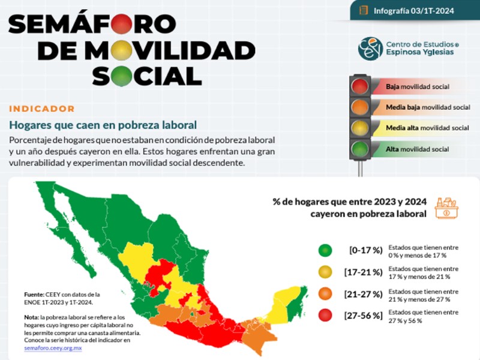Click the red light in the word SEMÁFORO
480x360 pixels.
pos(122,23)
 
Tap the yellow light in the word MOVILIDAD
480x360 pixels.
pos(122,50)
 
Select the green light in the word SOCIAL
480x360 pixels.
pos(122,76)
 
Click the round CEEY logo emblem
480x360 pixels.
pos(370,49)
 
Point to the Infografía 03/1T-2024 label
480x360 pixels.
pos(413,11)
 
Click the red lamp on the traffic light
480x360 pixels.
pos(359,86)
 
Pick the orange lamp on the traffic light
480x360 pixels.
pos(359,107)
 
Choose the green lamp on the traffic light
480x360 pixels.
pos(359,149)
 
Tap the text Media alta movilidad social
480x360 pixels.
pos(427,128)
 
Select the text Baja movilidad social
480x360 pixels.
pos(418,86)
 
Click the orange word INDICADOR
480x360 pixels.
pos(42,109)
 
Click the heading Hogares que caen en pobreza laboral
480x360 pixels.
pos(103,125)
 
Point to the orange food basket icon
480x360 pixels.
pos(446,208)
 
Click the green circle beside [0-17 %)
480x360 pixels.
pos(325,250)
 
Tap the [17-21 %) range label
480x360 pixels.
pos(364,272)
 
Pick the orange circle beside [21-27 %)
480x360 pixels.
pos(325,293)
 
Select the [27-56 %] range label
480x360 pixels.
pos(364,316)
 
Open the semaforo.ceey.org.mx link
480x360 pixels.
pos(53,348)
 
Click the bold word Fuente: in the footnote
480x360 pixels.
pos(34,295)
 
